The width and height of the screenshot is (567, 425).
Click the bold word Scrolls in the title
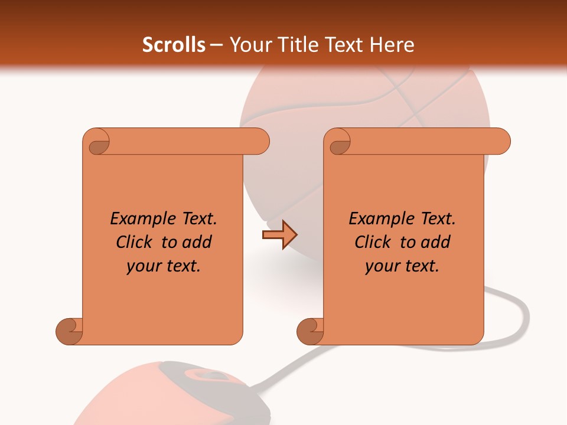(174, 45)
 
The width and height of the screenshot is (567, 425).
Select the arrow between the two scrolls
(279, 235)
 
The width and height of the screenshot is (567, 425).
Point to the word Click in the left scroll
(134, 242)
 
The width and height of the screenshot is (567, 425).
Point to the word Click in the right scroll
(373, 242)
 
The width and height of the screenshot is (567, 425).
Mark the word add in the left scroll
(197, 242)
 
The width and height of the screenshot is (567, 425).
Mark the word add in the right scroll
(436, 242)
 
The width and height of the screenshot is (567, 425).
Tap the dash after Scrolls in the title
(217, 45)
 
